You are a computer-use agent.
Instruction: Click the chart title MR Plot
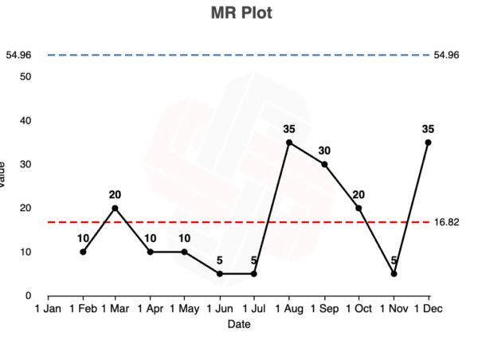click(238, 14)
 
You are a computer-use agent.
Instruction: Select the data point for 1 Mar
click(115, 208)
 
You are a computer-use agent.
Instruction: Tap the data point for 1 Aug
click(289, 143)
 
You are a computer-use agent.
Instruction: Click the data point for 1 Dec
click(428, 143)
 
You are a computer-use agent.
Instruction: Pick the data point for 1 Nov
click(394, 274)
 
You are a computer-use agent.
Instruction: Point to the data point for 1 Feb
click(83, 252)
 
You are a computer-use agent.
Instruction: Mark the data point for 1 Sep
click(323, 164)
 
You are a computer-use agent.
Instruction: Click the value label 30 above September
click(323, 150)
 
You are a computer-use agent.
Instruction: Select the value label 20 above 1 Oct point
click(358, 194)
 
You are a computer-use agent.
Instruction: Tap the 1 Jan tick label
click(48, 308)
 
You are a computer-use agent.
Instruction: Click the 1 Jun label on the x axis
click(219, 308)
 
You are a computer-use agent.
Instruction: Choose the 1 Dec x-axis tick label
click(428, 308)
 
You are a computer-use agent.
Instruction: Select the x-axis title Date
click(238, 324)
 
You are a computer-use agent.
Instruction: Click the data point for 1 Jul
click(254, 274)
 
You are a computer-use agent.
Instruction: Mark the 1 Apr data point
click(150, 252)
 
